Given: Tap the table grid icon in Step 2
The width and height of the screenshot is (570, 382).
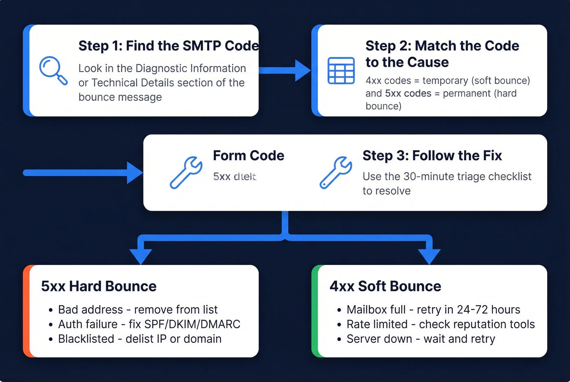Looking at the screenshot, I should [341, 71].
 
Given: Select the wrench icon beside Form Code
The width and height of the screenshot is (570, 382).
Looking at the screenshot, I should [186, 172].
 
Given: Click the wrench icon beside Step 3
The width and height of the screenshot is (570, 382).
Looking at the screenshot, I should [336, 172].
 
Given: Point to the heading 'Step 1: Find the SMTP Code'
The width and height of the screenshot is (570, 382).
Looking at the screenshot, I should [168, 46].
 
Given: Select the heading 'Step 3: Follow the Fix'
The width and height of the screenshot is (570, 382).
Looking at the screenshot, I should [432, 156].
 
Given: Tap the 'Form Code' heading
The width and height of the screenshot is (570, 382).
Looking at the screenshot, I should [248, 156].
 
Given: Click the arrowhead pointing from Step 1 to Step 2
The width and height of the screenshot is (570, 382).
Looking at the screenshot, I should [302, 70].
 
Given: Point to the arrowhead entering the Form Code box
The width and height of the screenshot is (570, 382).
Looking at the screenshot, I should [134, 173].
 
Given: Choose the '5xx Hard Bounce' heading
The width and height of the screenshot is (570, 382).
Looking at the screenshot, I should [99, 286].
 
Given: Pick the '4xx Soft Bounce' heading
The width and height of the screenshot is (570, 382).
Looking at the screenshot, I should [385, 286].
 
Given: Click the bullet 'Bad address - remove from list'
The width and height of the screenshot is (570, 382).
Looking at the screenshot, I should [138, 310].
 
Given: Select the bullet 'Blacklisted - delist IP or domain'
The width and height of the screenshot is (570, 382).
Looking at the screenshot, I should [140, 339].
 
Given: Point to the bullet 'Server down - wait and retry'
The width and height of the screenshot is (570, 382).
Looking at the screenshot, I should [421, 339].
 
